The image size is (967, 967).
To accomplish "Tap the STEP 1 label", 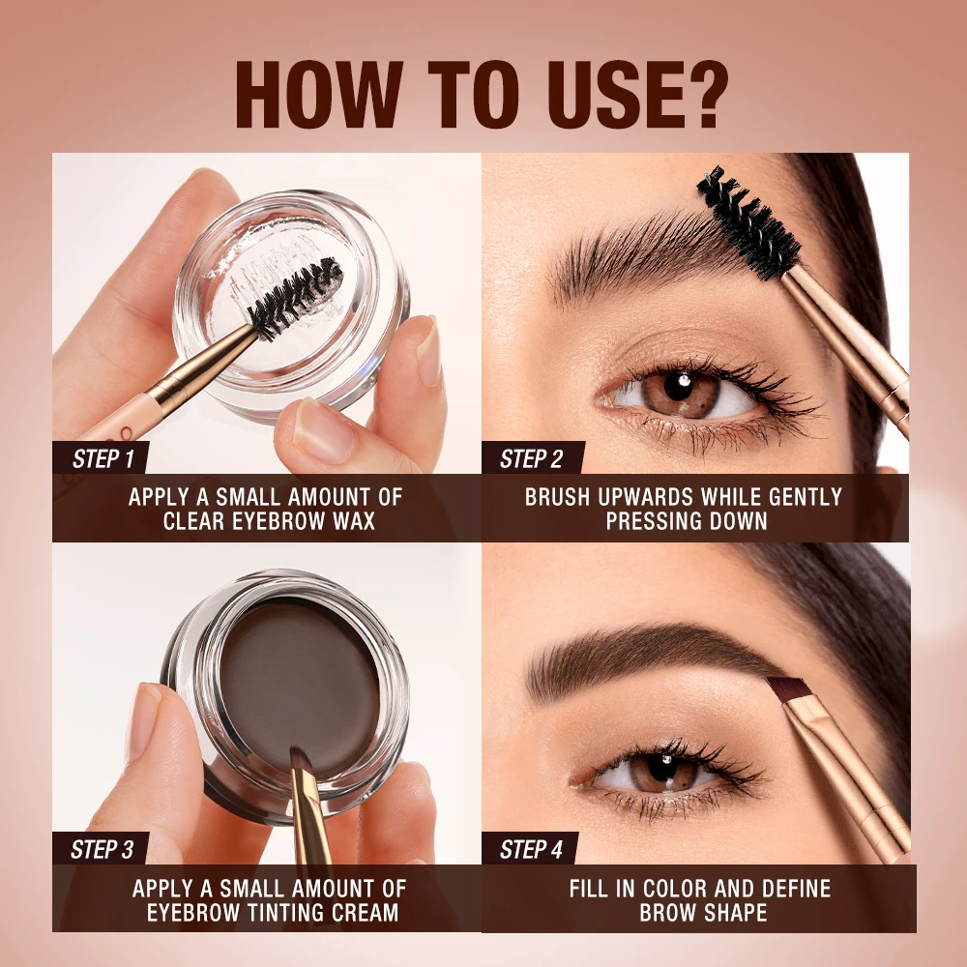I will point(103,458).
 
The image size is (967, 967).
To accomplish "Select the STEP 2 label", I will point(531,458).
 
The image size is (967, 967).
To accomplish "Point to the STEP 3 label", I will point(103,850).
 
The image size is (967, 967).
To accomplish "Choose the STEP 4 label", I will point(531,850).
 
